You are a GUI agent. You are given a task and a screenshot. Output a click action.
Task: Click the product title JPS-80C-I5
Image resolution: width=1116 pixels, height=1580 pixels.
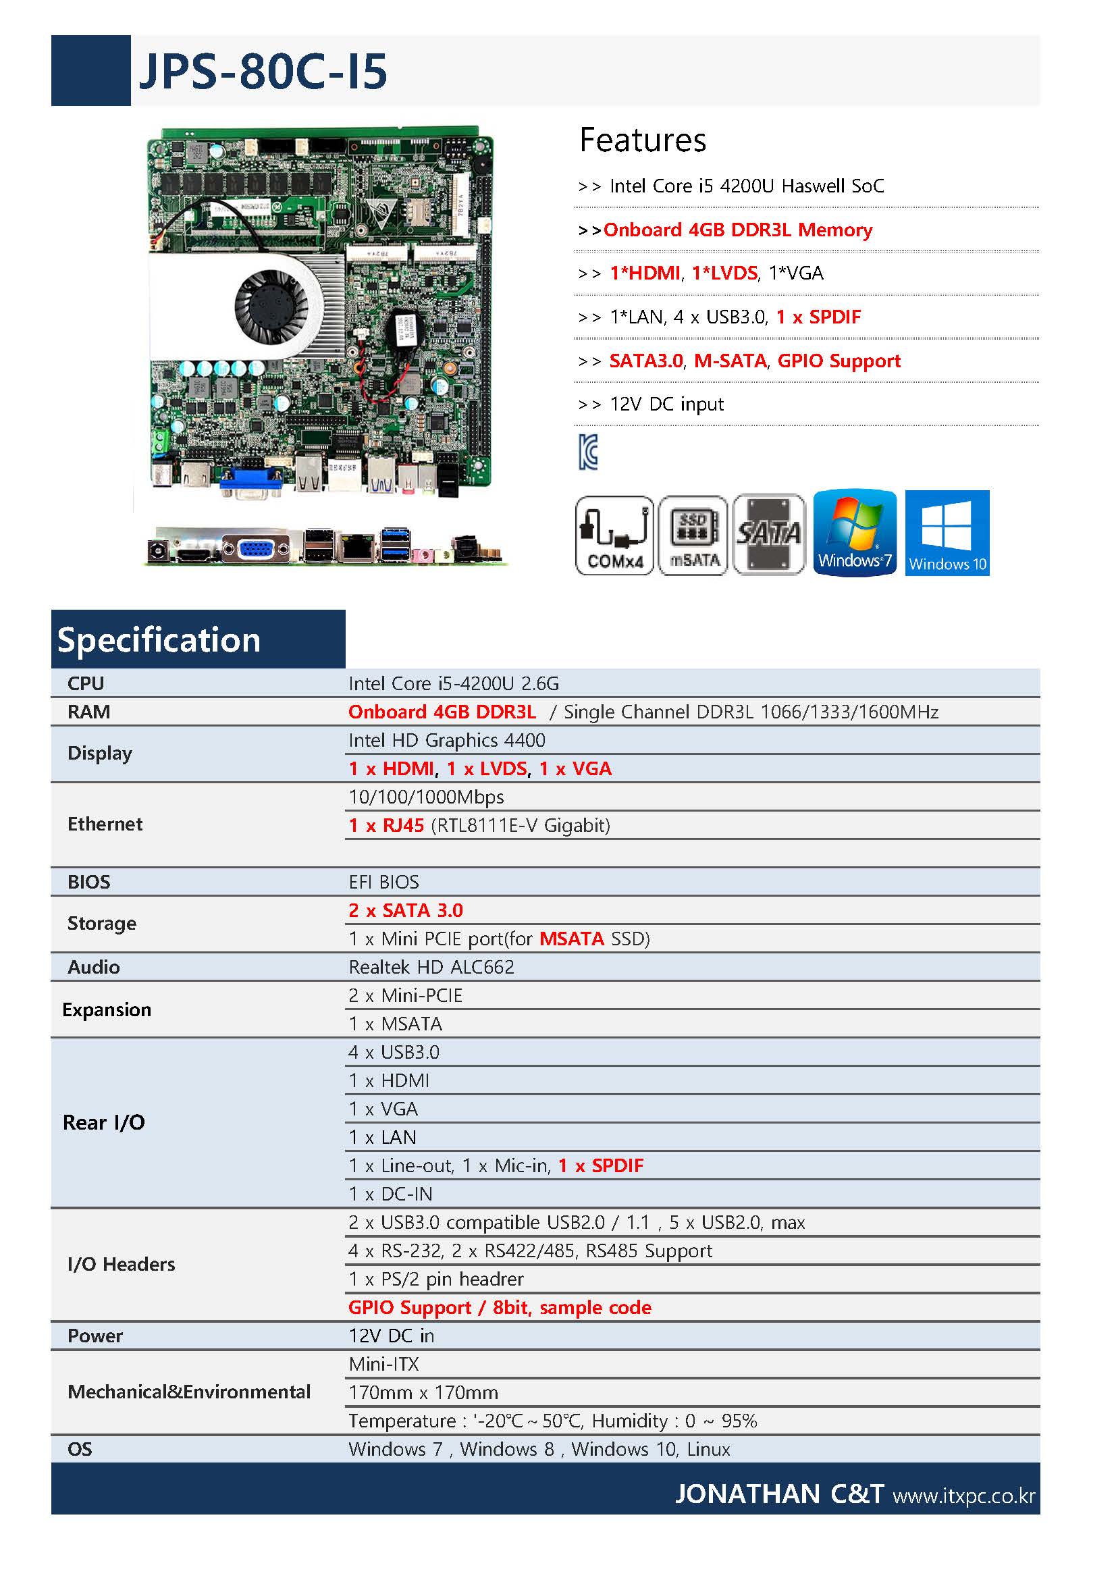(x=263, y=71)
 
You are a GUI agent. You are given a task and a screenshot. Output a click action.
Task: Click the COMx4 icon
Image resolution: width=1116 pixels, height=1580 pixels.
(x=614, y=535)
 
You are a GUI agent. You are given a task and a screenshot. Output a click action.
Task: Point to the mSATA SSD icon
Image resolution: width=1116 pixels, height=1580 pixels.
(x=693, y=535)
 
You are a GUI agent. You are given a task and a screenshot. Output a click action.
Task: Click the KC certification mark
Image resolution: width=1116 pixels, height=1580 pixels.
(x=587, y=452)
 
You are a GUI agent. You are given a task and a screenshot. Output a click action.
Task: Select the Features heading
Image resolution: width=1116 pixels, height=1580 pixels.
(x=643, y=140)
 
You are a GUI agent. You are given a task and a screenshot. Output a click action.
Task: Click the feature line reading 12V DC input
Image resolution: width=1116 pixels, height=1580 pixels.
(x=666, y=404)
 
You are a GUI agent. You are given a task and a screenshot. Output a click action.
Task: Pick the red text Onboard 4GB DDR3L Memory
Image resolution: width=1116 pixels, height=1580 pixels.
(x=737, y=230)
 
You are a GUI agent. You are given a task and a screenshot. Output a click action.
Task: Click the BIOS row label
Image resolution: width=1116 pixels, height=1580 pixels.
(x=88, y=882)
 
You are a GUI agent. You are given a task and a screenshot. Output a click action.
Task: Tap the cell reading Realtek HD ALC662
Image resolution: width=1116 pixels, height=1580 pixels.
(x=431, y=967)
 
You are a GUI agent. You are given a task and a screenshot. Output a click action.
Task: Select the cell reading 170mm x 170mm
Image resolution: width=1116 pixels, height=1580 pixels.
(x=423, y=1392)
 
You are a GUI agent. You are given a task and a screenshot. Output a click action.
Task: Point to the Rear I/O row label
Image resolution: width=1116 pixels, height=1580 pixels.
(x=104, y=1122)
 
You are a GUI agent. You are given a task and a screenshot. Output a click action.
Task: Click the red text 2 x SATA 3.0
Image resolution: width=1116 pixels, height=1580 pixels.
(x=406, y=910)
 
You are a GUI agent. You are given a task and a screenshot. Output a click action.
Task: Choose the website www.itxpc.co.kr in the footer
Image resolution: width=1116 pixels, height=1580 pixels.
(x=963, y=1496)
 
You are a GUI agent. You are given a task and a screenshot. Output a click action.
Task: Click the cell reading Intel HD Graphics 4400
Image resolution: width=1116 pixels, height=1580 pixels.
(x=446, y=740)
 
